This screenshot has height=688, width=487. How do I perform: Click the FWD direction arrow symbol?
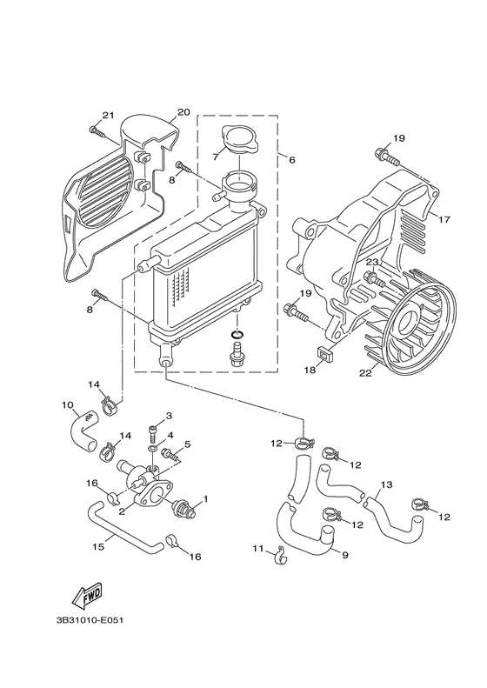click(86, 598)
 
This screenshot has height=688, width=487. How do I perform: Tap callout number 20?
click(183, 112)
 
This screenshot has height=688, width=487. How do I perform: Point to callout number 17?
click(444, 219)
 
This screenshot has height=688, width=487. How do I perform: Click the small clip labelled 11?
click(280, 551)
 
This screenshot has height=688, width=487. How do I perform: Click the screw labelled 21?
click(97, 131)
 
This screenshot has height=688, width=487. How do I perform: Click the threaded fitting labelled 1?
click(184, 505)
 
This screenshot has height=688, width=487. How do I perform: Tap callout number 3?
click(169, 416)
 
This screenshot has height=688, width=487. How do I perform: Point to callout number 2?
click(121, 511)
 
